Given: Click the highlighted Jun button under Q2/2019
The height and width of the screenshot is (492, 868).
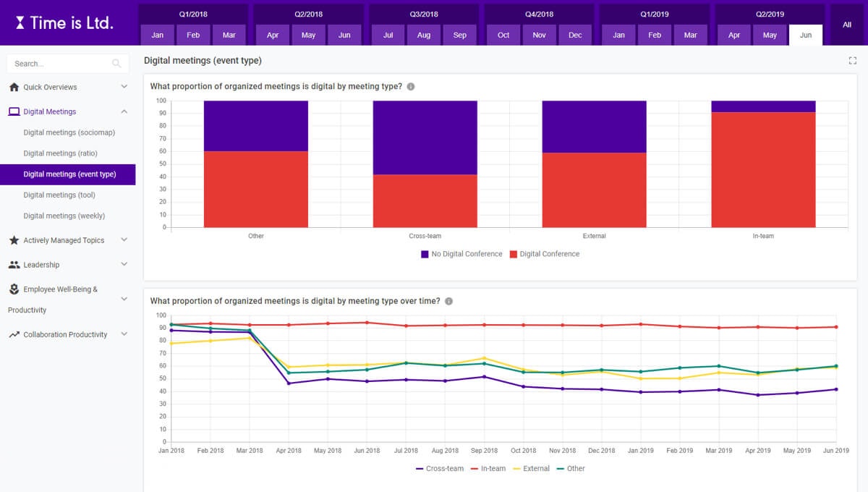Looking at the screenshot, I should (806, 35).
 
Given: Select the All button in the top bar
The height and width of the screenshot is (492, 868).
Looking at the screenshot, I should (846, 25).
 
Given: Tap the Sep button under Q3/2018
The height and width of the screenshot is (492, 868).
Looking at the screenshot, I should (460, 35).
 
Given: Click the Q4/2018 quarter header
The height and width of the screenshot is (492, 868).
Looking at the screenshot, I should (539, 14).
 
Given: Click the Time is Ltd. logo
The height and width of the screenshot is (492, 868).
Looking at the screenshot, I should (64, 22).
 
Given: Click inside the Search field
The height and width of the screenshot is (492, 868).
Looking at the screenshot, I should (61, 64).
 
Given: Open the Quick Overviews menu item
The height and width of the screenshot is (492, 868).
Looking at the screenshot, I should (50, 87).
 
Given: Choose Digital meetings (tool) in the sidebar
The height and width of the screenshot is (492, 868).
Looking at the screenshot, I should (59, 195).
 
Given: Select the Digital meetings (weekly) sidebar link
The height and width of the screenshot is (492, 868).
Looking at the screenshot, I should (64, 216).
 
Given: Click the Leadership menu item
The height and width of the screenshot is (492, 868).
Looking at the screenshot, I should (41, 265).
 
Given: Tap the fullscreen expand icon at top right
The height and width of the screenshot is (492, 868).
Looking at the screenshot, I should (852, 61).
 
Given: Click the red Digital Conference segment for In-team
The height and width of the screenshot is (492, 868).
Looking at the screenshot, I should (763, 170).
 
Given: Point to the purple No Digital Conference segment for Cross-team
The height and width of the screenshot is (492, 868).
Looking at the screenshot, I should (425, 137).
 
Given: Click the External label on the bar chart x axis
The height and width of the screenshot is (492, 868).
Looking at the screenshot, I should (594, 236).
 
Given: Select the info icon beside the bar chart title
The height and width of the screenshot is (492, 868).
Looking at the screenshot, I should (411, 87).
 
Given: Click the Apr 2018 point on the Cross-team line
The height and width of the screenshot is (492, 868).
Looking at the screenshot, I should (289, 383).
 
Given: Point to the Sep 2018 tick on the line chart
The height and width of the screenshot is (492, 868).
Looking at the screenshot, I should (484, 450).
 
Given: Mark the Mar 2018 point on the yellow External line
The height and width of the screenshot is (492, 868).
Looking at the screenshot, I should (250, 338).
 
